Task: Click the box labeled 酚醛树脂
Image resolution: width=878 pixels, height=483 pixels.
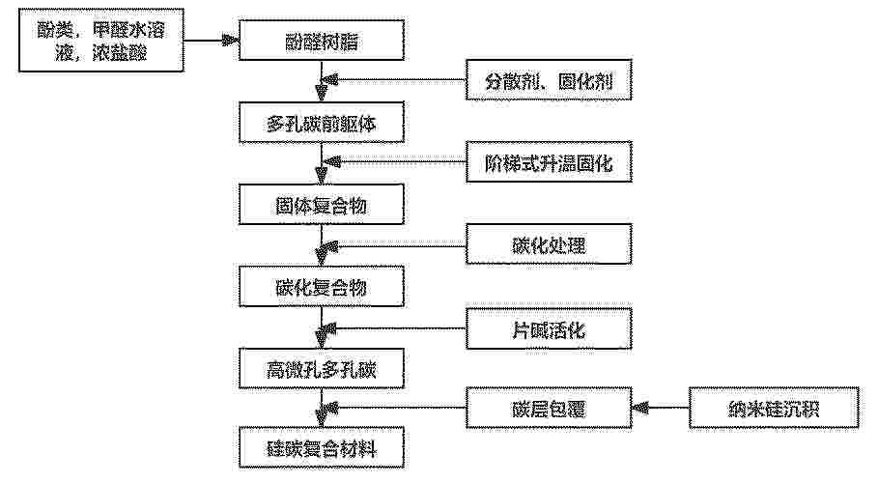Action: point(322,41)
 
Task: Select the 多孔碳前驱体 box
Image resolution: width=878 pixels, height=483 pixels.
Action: point(322,122)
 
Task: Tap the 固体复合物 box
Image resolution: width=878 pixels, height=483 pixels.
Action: point(322,205)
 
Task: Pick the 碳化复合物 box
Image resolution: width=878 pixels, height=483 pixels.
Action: point(322,286)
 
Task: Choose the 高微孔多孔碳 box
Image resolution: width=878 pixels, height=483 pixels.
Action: point(322,369)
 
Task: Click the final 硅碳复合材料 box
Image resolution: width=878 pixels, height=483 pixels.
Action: point(322,447)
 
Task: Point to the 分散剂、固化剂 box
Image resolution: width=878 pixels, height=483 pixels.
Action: point(549,80)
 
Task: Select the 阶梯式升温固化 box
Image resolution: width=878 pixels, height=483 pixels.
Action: point(549,162)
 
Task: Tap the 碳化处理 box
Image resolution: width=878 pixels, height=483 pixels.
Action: point(549,244)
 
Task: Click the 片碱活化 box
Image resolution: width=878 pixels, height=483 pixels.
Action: point(549,328)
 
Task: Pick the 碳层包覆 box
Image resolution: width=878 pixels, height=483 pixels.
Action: point(549,408)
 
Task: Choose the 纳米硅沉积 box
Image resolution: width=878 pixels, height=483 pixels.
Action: point(774,408)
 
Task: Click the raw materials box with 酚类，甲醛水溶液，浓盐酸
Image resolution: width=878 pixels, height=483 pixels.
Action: point(101,41)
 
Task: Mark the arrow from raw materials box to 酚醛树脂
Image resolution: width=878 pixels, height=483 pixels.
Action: point(212,41)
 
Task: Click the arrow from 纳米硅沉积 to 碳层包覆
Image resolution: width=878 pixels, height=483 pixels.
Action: point(661,408)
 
